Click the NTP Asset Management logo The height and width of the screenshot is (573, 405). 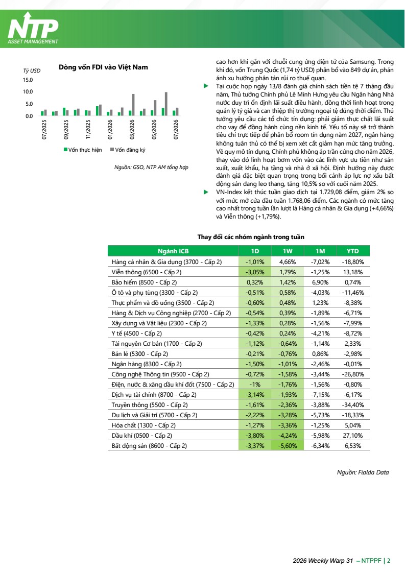tap(33, 29)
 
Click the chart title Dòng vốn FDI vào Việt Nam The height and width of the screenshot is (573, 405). tap(104, 67)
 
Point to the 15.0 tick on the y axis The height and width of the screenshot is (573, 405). tap(28, 80)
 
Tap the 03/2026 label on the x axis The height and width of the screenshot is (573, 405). tap(132, 130)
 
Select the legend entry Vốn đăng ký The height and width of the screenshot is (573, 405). tap(128, 150)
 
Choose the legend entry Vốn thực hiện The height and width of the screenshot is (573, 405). tap(83, 150)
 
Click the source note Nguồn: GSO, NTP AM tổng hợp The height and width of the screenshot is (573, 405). tap(151, 168)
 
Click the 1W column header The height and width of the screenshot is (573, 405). tap(288, 251)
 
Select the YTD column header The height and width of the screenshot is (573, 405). tap(353, 251)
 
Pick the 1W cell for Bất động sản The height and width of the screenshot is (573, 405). tap(288, 446)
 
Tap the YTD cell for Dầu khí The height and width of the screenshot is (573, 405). tap(353, 436)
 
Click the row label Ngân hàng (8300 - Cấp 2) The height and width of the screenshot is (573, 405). tap(147, 364)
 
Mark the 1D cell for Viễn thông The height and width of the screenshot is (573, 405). tap(255, 272)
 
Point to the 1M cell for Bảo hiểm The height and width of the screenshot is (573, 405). tap(320, 282)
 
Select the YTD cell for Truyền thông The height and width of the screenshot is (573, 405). tap(353, 405)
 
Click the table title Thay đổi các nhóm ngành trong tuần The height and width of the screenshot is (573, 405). tap(251, 237)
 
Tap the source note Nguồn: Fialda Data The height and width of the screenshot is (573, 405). tap(363, 472)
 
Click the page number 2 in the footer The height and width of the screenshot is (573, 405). tap(389, 561)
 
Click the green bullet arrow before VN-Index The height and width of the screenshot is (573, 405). tap(206, 192)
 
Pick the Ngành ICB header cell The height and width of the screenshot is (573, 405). tap(173, 251)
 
